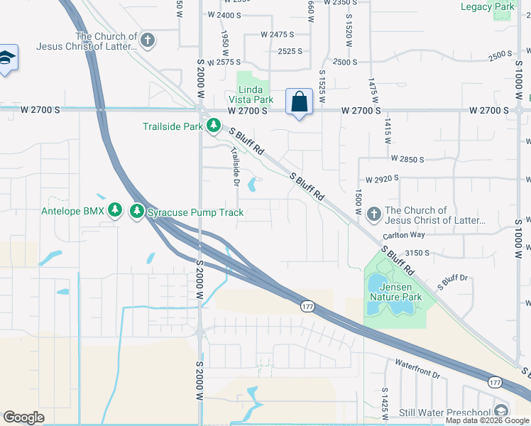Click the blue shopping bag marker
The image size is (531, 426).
[x=299, y=102]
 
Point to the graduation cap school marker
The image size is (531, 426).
[x=6, y=59]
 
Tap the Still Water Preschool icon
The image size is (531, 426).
[x=501, y=412]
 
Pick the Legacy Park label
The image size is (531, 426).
[x=486, y=6]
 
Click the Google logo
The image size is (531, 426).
[x=23, y=417]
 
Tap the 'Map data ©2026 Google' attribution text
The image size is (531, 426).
[x=488, y=420]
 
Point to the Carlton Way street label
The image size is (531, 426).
[x=403, y=235]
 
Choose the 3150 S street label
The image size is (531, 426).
[x=420, y=253]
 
